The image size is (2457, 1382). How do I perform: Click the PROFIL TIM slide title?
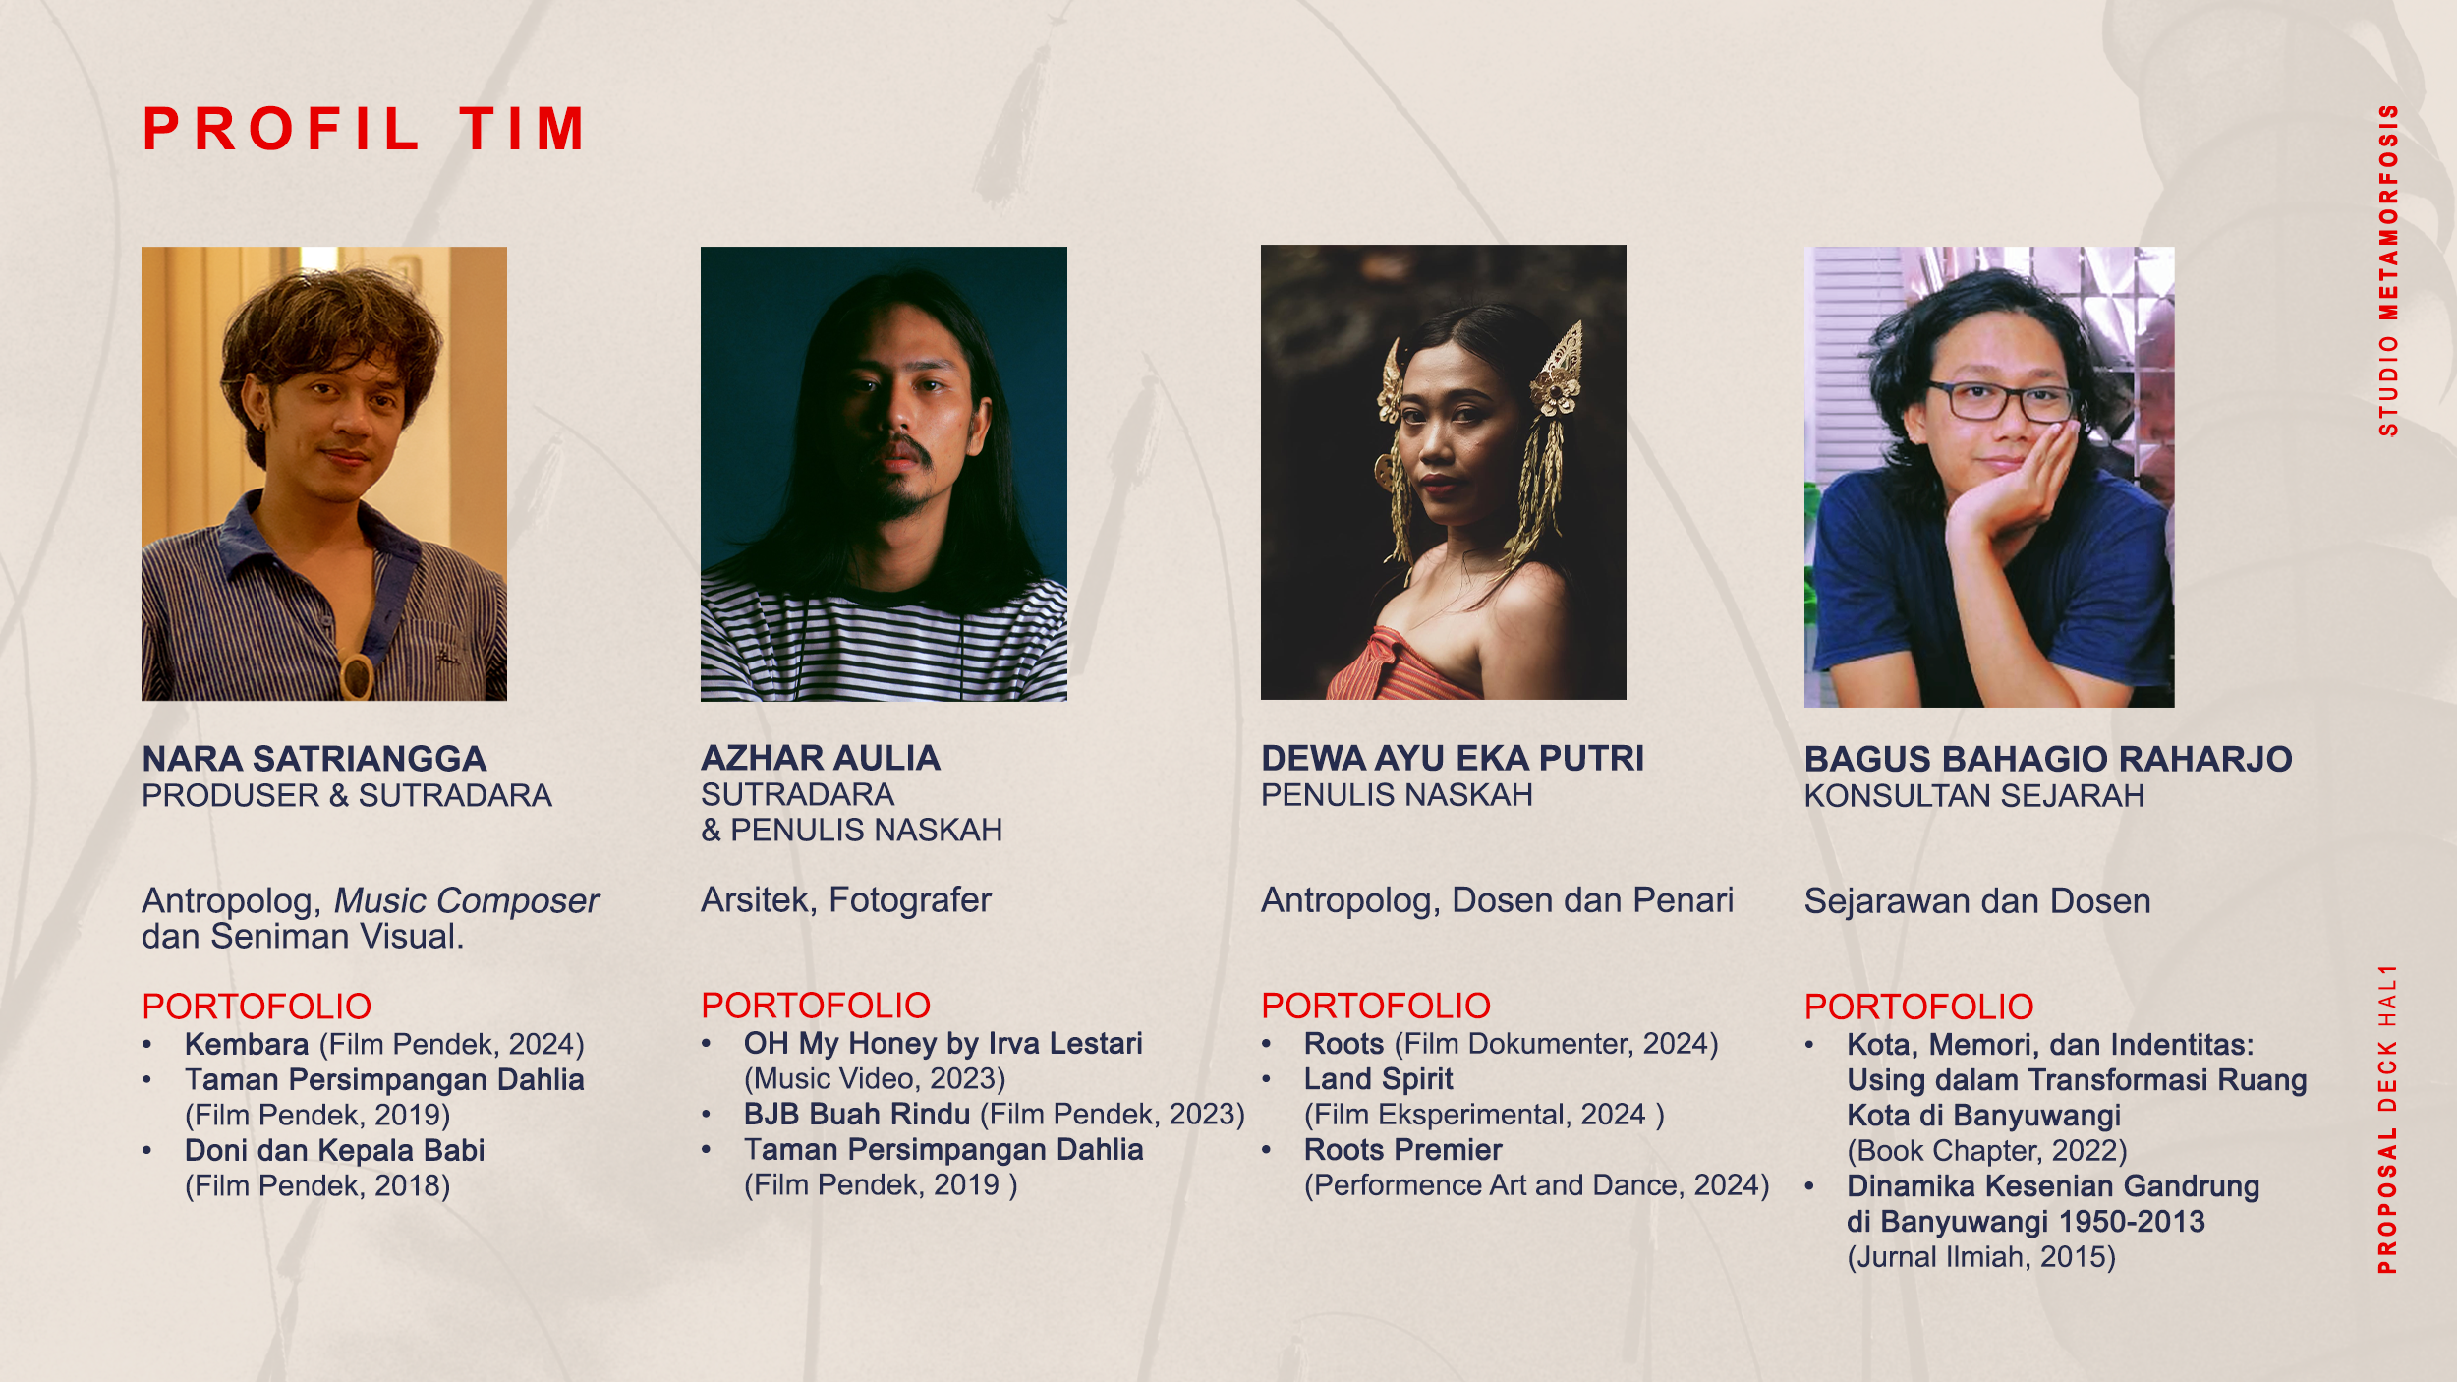click(364, 129)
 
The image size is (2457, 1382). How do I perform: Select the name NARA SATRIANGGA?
click(314, 759)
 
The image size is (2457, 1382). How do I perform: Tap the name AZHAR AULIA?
click(821, 758)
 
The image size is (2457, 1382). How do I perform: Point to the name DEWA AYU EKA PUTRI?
click(1453, 758)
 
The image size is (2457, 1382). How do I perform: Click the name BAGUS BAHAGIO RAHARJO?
click(2048, 759)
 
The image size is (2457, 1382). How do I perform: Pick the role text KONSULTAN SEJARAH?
click(1974, 796)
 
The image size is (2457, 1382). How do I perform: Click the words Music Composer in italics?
click(467, 901)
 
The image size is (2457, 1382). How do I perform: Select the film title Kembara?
click(247, 1044)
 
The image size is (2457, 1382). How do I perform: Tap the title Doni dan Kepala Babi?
click(335, 1150)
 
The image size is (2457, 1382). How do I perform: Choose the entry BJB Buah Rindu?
click(857, 1114)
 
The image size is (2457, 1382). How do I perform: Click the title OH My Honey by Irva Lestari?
click(943, 1043)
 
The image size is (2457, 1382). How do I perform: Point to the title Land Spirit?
click(1379, 1079)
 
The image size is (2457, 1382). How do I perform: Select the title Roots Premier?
click(1403, 1150)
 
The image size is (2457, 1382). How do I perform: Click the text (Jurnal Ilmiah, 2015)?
click(1981, 1257)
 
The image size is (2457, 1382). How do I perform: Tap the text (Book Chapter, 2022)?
click(1987, 1151)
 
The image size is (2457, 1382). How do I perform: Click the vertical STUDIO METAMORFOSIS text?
click(2388, 270)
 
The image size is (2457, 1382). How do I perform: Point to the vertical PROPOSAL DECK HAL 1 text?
click(2388, 1119)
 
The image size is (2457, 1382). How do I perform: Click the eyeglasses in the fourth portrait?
click(2003, 401)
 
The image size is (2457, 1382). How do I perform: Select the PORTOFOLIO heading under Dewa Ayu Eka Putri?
click(1376, 1006)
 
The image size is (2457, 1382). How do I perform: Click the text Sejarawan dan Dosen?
click(1977, 901)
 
